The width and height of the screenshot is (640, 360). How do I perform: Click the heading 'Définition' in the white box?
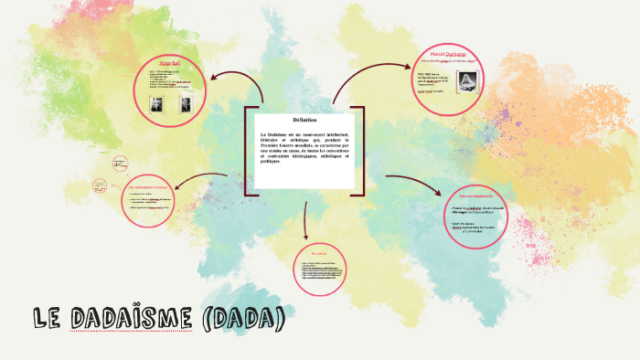[x=304, y=120]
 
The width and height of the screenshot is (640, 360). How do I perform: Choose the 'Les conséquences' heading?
[x=475, y=196]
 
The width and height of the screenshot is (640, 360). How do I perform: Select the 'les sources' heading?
[x=319, y=252]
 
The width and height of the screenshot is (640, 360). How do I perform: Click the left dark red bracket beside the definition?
[x=247, y=151]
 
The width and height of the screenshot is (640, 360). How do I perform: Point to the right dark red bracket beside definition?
[x=360, y=151]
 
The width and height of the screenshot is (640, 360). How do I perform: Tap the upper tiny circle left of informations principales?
[x=119, y=164]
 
